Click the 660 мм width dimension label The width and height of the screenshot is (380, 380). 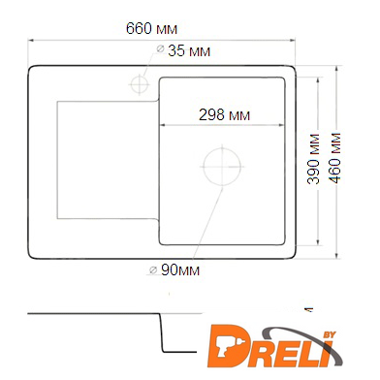[x=151, y=28]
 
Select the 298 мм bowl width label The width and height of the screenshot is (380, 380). [x=224, y=114]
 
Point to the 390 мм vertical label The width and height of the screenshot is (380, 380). [x=314, y=159]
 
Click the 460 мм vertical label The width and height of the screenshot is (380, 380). [x=336, y=158]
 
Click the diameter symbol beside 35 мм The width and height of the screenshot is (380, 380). [x=160, y=48]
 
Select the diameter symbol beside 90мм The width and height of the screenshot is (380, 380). [x=153, y=269]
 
